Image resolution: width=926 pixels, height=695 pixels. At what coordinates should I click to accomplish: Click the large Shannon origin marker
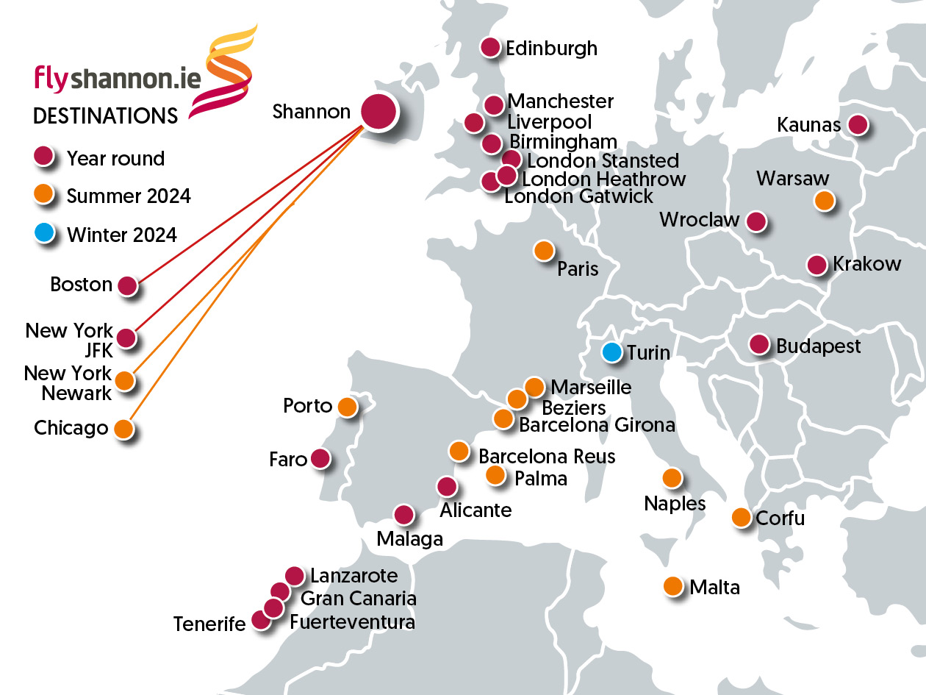coord(378,113)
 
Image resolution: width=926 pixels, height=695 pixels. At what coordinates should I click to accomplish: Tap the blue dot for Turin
coord(611,352)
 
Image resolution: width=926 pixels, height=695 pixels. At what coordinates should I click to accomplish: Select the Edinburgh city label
coord(551,49)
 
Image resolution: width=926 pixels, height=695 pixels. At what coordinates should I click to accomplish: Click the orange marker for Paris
coord(543,251)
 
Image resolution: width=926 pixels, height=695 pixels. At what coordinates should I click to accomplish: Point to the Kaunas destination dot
coord(858,125)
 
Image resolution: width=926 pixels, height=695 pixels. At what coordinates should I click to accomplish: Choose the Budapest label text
coord(818,346)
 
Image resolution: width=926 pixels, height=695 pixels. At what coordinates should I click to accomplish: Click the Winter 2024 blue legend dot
coord(44,234)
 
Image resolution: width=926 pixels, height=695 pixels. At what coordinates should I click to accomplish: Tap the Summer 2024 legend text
coord(129,196)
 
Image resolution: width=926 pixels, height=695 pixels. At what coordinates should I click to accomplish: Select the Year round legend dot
coord(44,157)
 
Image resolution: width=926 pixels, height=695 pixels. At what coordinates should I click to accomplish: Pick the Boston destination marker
coord(128,286)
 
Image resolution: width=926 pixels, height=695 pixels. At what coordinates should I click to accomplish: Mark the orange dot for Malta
coord(672,586)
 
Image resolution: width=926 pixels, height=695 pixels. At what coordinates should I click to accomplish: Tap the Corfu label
coord(780,518)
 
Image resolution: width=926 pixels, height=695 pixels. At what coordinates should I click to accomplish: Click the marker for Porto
coord(347,406)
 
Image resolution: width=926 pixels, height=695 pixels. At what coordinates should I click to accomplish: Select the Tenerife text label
coord(209,624)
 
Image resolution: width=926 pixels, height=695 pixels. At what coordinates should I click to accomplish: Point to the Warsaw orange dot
coord(825,200)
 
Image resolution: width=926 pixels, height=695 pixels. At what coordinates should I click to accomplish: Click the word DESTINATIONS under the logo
coord(105,116)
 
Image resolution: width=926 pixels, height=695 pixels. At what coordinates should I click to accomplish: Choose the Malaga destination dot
coord(403,515)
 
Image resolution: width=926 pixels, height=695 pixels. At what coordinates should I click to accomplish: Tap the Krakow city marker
coord(816,265)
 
